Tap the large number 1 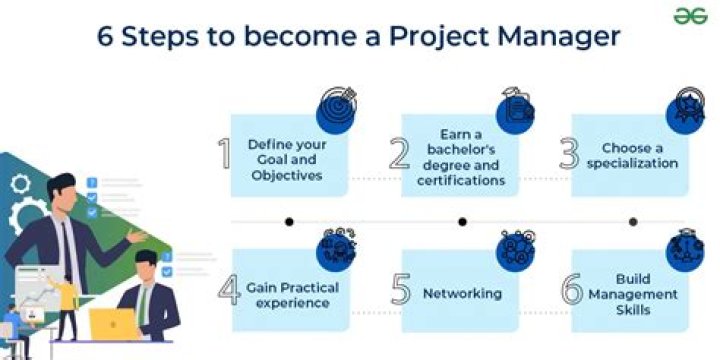pyautogui.click(x=224, y=155)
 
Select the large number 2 pyautogui.click(x=399, y=155)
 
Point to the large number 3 pyautogui.click(x=569, y=155)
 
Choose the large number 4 pyautogui.click(x=229, y=291)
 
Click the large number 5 pyautogui.click(x=400, y=291)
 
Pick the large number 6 pyautogui.click(x=571, y=291)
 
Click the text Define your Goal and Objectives pyautogui.click(x=286, y=159)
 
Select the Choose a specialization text pyautogui.click(x=639, y=155)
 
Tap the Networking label pyautogui.click(x=462, y=293)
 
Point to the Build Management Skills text pyautogui.click(x=632, y=293)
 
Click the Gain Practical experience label pyautogui.click(x=292, y=294)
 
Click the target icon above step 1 pyautogui.click(x=337, y=104)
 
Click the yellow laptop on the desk pyautogui.click(x=112, y=323)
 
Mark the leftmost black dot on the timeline pyautogui.click(x=289, y=221)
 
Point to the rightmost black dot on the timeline pyautogui.click(x=632, y=221)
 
